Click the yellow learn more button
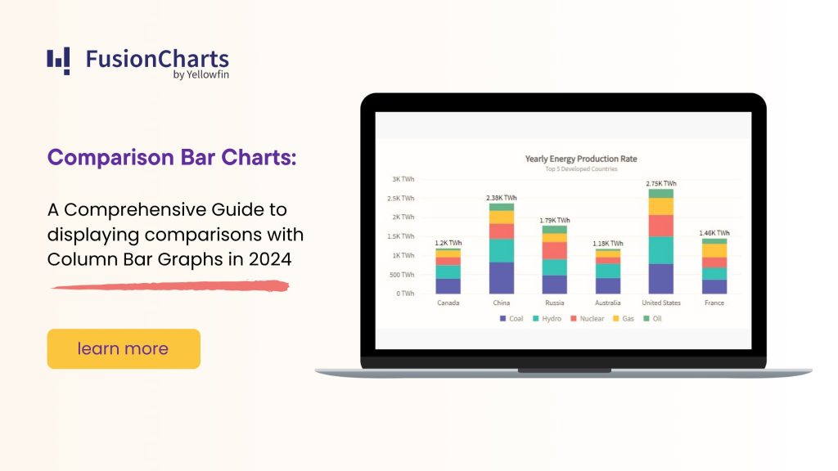124,349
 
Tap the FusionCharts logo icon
58,61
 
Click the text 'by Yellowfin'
200,75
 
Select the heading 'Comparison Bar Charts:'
172,157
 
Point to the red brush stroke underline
169,286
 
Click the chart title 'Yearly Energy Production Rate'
580,159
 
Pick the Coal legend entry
511,318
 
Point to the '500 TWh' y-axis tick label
401,275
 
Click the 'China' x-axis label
502,303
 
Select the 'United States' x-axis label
661,303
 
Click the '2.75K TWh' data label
661,184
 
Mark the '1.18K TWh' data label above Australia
607,244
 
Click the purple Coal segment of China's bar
502,278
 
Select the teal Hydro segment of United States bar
661,250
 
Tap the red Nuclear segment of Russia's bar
555,250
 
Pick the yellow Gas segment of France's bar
714,250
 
